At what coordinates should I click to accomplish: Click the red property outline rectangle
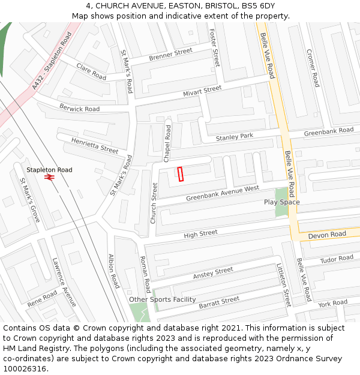point(180,173)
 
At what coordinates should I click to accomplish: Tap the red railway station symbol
point(49,178)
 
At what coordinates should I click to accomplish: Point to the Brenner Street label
point(170,55)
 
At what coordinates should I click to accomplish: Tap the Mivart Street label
point(202,91)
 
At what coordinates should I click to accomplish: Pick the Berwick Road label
point(79,108)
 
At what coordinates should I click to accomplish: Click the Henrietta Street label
point(95,145)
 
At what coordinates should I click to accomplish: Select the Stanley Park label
point(235,137)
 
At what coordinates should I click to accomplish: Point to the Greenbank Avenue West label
point(222,193)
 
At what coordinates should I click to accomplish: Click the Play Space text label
point(281,202)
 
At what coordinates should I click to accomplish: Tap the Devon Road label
point(327,235)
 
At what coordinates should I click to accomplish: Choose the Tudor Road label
point(337,259)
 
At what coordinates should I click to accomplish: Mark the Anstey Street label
point(212,273)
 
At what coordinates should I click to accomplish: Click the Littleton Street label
point(283,285)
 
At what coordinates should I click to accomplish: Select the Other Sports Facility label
point(162,299)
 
